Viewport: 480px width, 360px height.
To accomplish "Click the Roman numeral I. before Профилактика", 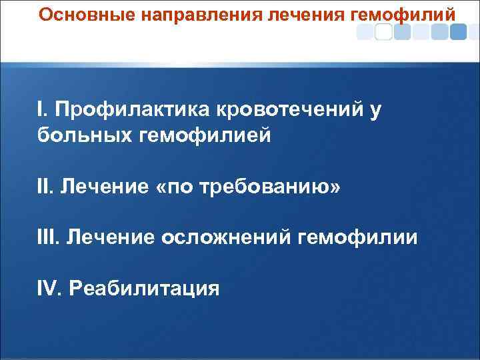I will pyautogui.click(x=43, y=109).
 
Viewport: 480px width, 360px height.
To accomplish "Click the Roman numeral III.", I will pyautogui.click(x=49, y=239).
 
